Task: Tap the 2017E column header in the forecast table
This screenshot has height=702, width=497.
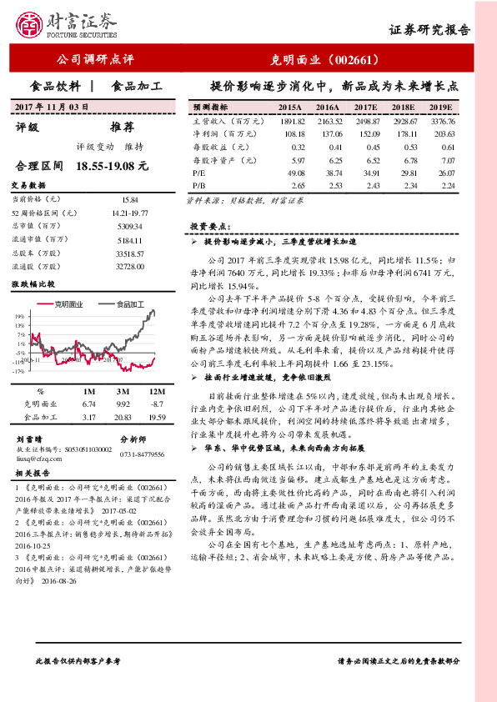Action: tap(366, 108)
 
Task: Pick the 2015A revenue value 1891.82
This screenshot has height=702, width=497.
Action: tap(289, 122)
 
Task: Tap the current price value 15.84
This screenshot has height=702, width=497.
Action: tap(129, 200)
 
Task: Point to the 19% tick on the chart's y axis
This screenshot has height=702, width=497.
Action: tap(18, 318)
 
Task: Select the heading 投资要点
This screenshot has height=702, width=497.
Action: tap(205, 226)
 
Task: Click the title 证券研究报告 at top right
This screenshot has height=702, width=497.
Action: tap(429, 29)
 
